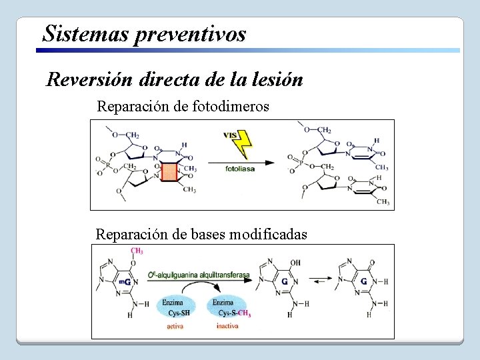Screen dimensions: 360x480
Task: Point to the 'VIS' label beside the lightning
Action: pos(231,135)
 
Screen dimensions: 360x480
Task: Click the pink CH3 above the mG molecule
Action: pos(137,251)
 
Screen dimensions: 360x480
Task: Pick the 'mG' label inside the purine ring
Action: pos(124,282)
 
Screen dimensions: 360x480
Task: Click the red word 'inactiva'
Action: pos(228,326)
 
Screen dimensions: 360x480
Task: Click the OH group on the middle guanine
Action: pos(296,262)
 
